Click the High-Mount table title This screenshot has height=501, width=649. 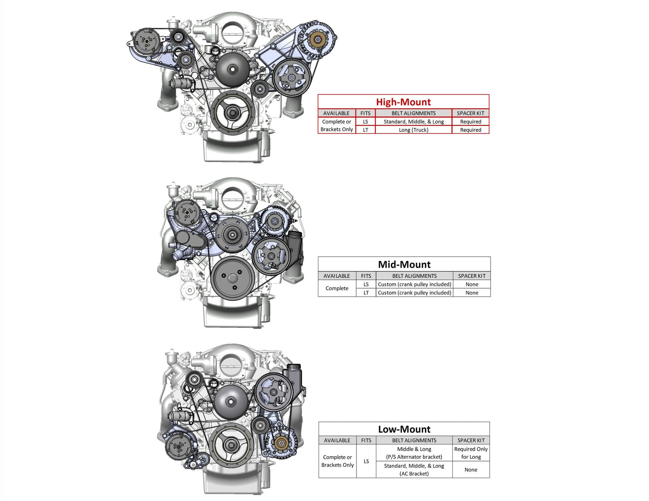(403, 102)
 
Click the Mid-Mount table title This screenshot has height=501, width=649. (404, 264)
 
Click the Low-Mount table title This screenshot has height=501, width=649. (404, 429)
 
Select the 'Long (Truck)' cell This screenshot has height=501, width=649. (413, 130)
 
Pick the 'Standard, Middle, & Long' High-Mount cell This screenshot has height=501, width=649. (413, 122)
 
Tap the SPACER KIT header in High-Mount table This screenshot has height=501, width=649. (470, 113)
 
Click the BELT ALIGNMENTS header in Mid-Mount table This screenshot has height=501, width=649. (414, 276)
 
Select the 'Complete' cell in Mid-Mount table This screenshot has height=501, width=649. (337, 288)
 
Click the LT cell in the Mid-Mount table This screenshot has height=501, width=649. (366, 293)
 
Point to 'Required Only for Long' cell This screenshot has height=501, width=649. (471, 453)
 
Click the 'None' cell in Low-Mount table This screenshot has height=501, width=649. (471, 470)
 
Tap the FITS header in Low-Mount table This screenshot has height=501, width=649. (366, 440)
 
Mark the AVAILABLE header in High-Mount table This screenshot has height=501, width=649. (336, 113)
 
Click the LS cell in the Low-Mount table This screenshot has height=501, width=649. (366, 461)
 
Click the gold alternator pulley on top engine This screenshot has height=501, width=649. (318, 40)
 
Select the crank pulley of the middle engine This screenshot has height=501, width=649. (233, 278)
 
